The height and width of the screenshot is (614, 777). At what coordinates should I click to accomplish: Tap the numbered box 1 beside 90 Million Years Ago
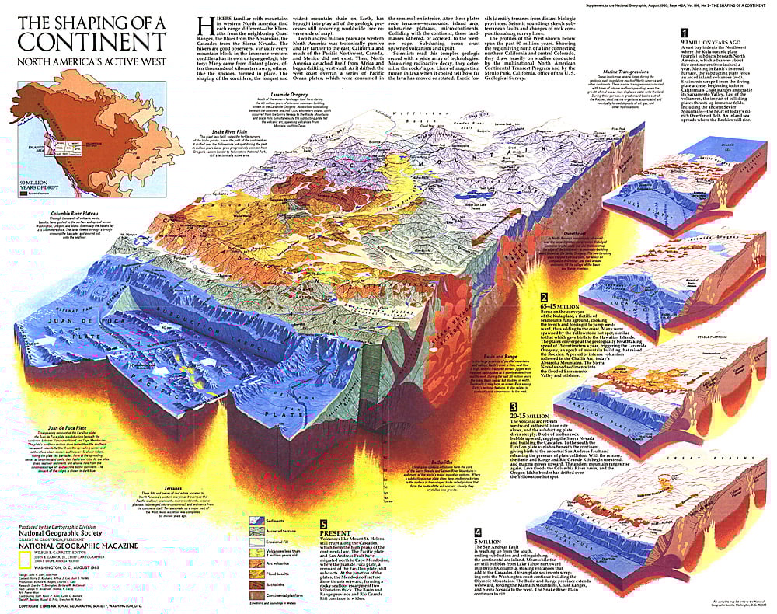[683, 33]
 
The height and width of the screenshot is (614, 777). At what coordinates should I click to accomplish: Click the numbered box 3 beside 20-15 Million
[514, 406]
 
